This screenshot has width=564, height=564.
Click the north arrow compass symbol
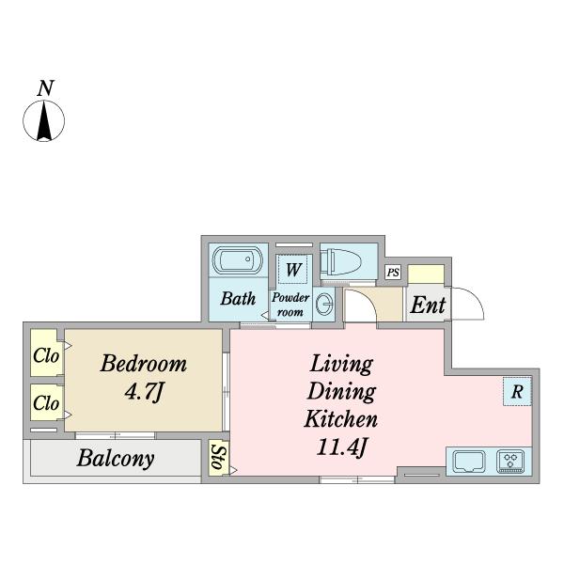tap(44, 120)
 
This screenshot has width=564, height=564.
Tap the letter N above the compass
tap(44, 89)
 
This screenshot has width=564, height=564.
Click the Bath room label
tap(238, 300)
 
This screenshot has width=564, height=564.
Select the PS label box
tap(393, 273)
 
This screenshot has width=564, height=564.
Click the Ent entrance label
tap(428, 305)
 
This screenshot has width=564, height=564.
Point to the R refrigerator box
tap(516, 392)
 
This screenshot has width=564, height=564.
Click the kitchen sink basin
tap(469, 462)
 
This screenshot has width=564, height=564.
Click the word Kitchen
tap(340, 418)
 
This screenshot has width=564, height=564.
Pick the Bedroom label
tap(144, 364)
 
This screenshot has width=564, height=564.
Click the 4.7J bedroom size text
tap(144, 391)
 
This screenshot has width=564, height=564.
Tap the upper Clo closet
tap(46, 355)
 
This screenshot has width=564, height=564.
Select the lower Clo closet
tap(46, 403)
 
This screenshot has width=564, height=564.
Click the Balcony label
tap(116, 460)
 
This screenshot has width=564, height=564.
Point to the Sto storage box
tap(218, 458)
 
